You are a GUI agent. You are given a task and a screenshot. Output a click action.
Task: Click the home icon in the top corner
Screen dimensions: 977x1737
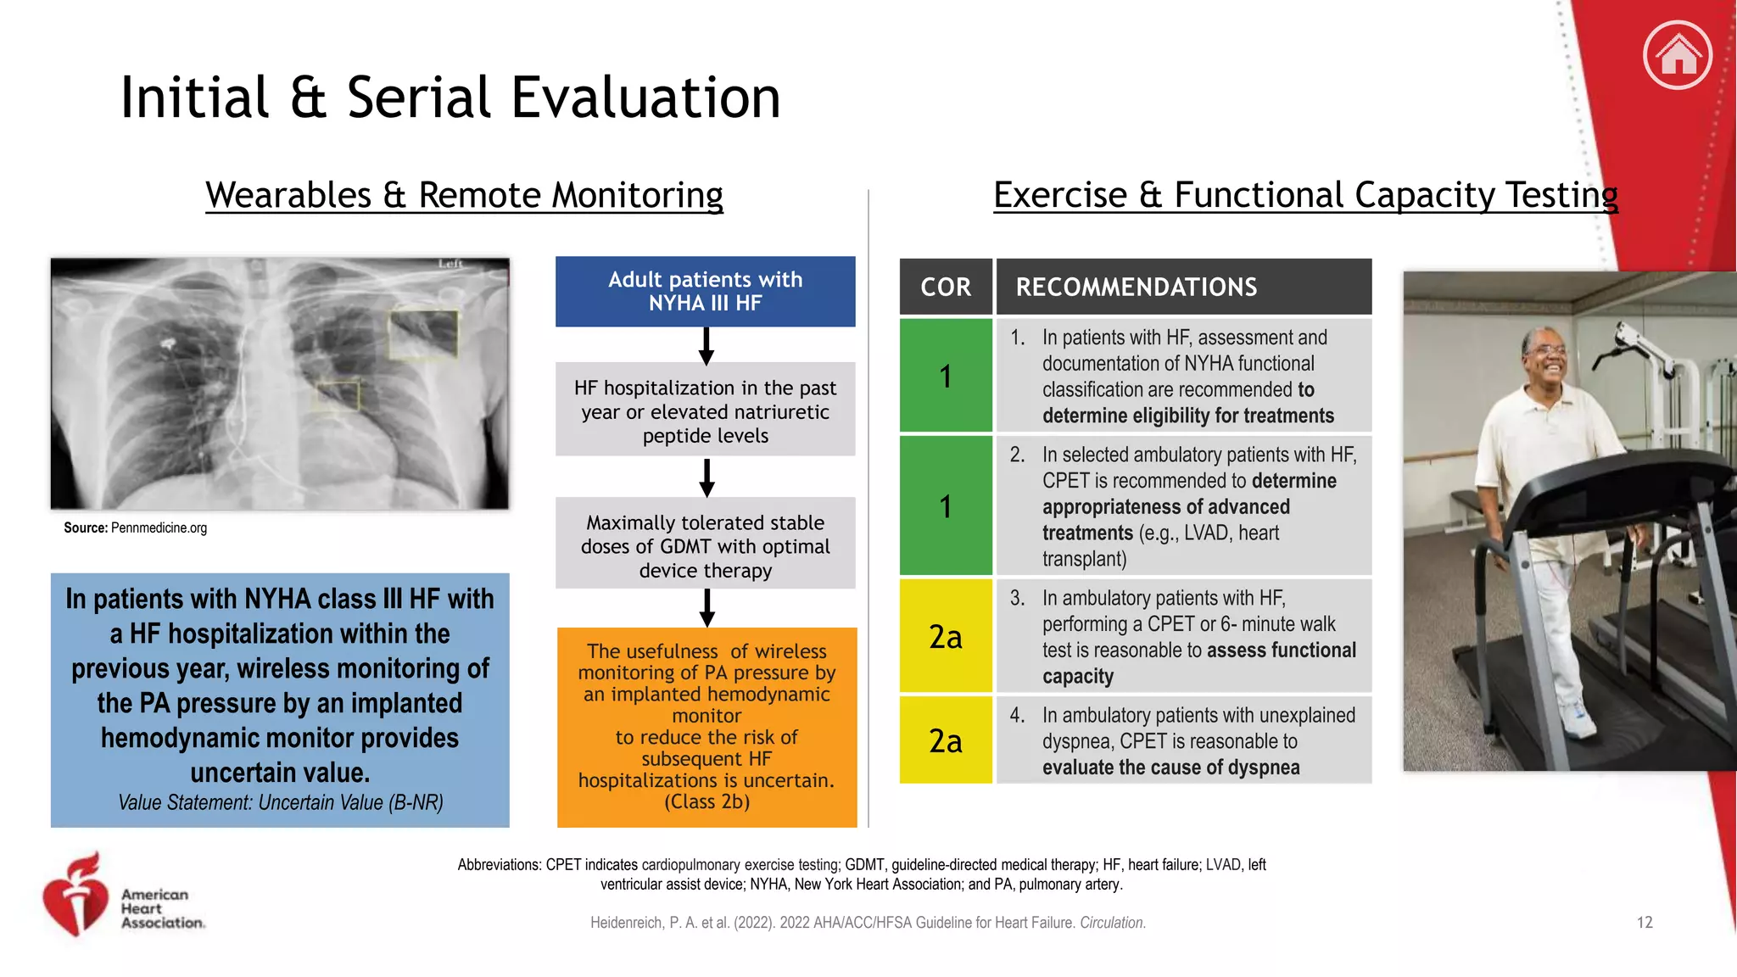click(x=1677, y=55)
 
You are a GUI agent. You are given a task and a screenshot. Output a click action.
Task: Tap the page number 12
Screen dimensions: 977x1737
click(x=1644, y=922)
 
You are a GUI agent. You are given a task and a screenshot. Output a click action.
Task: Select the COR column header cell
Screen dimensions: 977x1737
click(x=946, y=287)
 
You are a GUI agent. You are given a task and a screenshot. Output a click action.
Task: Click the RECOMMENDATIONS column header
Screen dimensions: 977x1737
click(x=1183, y=287)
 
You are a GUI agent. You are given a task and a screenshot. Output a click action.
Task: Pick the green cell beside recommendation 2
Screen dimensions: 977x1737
click(x=946, y=505)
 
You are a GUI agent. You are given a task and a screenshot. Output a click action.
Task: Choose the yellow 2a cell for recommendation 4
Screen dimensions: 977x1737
click(x=946, y=740)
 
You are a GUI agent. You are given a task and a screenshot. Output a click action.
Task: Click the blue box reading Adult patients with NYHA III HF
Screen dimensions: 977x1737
click(x=705, y=291)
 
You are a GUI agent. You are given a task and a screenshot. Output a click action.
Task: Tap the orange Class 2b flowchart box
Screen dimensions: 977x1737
click(x=707, y=727)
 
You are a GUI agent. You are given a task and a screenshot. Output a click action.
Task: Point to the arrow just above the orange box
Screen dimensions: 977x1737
click(x=707, y=608)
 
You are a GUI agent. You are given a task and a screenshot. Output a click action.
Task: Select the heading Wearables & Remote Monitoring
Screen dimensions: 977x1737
click(x=464, y=195)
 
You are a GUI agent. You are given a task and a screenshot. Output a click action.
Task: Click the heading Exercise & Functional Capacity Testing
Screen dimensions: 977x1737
click(x=1305, y=195)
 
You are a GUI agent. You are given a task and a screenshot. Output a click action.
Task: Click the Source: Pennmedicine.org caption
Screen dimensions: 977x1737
click(x=136, y=528)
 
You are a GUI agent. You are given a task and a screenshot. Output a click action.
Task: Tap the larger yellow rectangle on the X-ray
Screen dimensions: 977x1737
click(x=423, y=334)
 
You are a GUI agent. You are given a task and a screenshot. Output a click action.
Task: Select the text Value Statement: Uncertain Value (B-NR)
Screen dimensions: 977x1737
click(x=280, y=802)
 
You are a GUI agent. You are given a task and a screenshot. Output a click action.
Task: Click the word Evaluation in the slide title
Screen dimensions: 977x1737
click(x=645, y=98)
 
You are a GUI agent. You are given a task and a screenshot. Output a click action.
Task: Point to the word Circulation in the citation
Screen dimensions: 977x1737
click(x=1112, y=923)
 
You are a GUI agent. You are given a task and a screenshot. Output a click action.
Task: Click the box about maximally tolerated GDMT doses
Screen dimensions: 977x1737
click(x=705, y=545)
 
